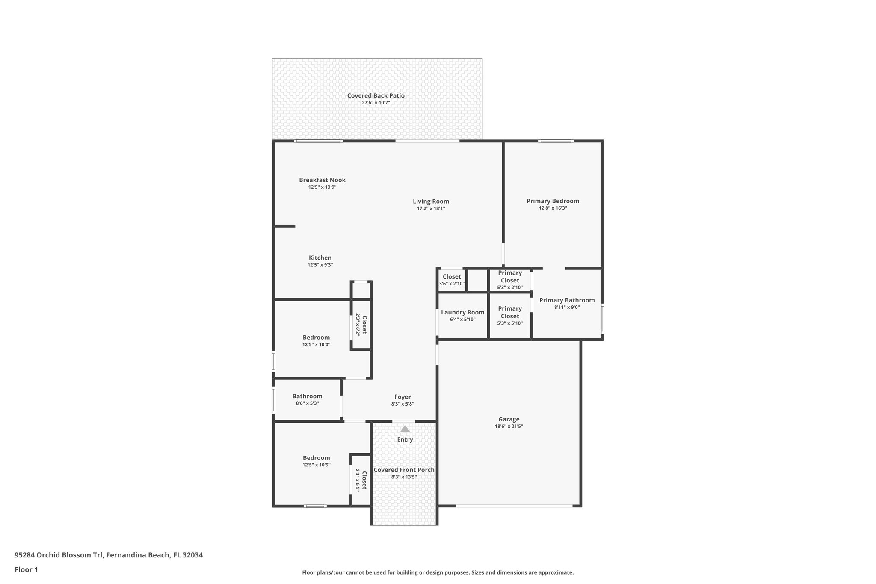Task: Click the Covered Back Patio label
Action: [376, 96]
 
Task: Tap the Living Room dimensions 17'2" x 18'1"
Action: [431, 209]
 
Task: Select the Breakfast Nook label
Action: [322, 180]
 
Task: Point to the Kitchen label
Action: [320, 258]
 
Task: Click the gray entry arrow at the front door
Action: [405, 429]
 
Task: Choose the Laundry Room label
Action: [462, 313]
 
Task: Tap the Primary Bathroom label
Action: [567, 300]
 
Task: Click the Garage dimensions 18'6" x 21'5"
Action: [509, 427]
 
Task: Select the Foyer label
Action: [402, 397]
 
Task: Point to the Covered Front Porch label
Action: [404, 470]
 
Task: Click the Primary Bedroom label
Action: [553, 201]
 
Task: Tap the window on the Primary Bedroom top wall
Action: [555, 141]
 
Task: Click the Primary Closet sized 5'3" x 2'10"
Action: [510, 280]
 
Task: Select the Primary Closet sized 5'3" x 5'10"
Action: [510, 316]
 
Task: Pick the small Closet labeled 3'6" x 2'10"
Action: [452, 279]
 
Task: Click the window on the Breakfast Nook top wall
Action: [318, 141]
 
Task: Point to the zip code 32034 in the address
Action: [192, 555]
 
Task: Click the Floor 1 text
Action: [26, 569]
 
